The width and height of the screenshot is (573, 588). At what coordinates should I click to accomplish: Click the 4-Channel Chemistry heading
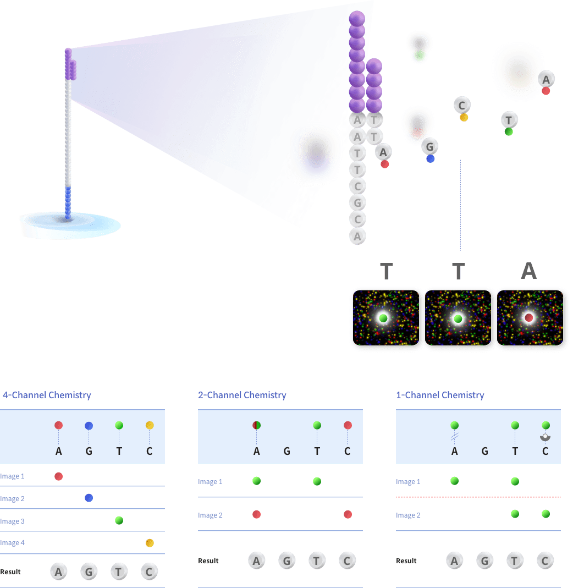coord(47,395)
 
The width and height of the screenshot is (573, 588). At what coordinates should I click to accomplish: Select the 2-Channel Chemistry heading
coord(242,395)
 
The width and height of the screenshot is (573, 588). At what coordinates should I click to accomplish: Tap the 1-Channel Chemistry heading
coord(440,395)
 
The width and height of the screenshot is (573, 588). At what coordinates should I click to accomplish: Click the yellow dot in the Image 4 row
coord(150,543)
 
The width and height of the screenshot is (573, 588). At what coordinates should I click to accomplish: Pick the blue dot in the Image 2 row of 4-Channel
coord(89,498)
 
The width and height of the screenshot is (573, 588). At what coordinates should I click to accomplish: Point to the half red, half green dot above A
coord(256,425)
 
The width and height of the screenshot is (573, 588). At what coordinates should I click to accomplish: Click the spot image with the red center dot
coord(529,318)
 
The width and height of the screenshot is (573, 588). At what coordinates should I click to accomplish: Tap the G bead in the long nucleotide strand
coord(357,202)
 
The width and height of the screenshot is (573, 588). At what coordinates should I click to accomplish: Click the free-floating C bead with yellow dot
coord(462,105)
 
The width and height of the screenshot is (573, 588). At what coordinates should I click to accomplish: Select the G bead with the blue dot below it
coord(430,146)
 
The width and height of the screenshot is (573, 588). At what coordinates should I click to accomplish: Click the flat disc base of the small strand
coord(70,226)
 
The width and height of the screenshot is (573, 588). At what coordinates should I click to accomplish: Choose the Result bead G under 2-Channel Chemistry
coord(286,560)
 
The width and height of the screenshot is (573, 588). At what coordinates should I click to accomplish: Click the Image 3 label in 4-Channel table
coord(12,521)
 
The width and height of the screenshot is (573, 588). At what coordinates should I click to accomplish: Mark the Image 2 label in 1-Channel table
coord(408,515)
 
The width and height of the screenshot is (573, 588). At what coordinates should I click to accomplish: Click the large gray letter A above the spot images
coord(529,271)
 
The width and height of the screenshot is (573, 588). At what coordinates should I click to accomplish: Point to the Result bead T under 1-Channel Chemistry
coord(515,560)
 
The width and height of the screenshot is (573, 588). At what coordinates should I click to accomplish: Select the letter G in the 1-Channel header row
coord(484,452)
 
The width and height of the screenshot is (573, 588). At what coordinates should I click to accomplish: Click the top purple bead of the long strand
coord(357,18)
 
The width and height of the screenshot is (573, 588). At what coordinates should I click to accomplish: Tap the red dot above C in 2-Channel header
coord(348,425)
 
